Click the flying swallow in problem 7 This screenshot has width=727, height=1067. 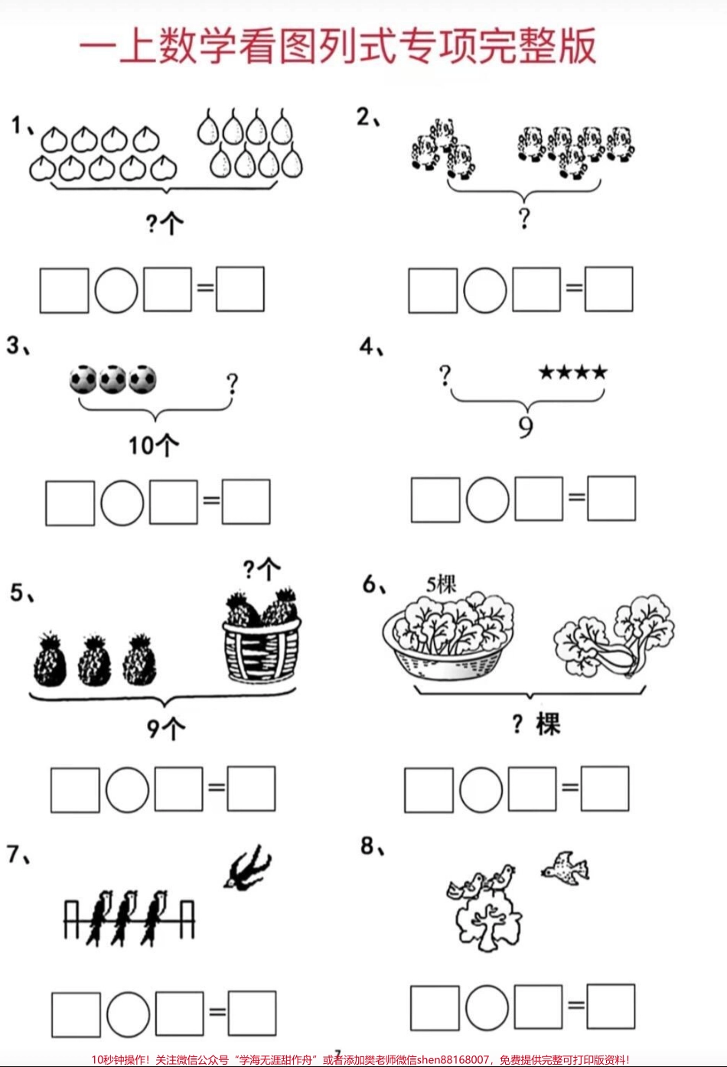click(x=247, y=867)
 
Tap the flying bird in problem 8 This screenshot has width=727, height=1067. click(x=566, y=868)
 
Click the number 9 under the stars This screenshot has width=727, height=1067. click(x=526, y=426)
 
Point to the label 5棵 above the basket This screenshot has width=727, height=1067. click(x=442, y=585)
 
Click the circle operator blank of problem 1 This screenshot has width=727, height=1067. click(x=116, y=290)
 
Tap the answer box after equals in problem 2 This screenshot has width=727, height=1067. click(x=609, y=289)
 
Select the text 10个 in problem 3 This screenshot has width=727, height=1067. click(x=153, y=444)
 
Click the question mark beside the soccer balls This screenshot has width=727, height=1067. click(x=232, y=382)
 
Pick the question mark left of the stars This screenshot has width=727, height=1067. click(x=445, y=375)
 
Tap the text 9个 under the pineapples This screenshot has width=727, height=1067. click(x=165, y=727)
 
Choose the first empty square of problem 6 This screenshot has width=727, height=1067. click(x=429, y=790)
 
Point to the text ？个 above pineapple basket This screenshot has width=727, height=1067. click(x=262, y=569)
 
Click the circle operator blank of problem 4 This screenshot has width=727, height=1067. click(x=487, y=499)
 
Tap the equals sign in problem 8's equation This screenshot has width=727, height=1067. click(x=575, y=1006)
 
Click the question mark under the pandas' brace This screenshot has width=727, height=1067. click(x=524, y=218)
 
